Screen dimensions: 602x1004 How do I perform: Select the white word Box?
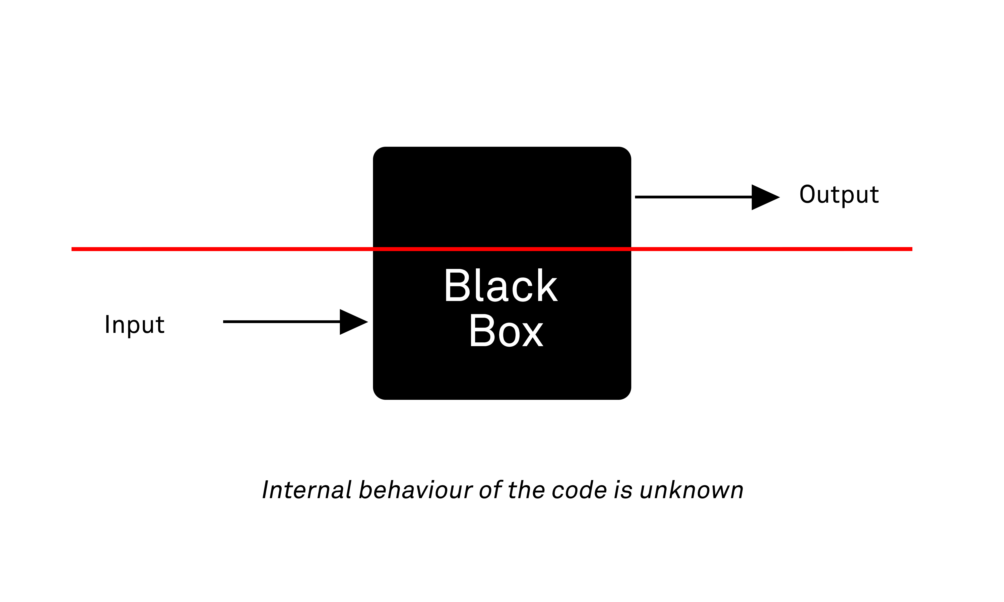[506, 331]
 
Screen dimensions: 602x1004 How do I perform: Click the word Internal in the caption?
[307, 490]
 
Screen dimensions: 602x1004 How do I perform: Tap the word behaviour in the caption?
[416, 490]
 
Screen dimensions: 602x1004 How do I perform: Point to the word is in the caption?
[623, 490]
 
